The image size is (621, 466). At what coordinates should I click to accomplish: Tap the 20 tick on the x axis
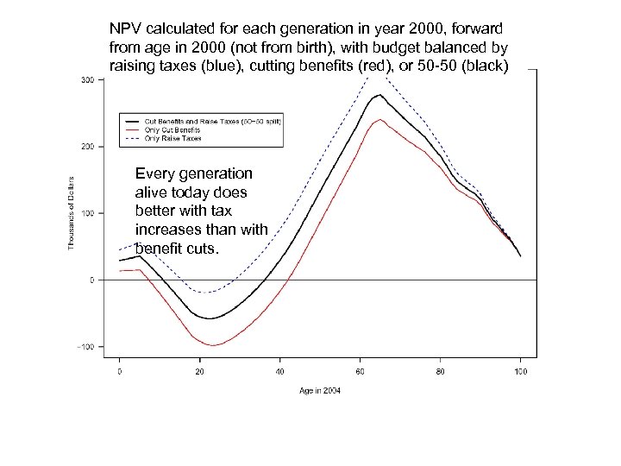[x=199, y=370]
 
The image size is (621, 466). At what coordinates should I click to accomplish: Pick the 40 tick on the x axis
[x=279, y=370]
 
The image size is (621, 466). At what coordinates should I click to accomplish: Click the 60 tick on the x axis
[x=360, y=370]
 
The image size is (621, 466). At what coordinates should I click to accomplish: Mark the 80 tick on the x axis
[x=440, y=370]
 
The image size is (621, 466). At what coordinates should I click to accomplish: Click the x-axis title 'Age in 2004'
[x=320, y=391]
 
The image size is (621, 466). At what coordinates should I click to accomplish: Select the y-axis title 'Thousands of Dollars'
[x=72, y=213]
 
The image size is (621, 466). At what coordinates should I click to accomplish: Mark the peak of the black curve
[x=379, y=95]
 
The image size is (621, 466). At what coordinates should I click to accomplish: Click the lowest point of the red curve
[x=211, y=345]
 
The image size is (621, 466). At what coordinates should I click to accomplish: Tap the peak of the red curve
[x=379, y=119]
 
